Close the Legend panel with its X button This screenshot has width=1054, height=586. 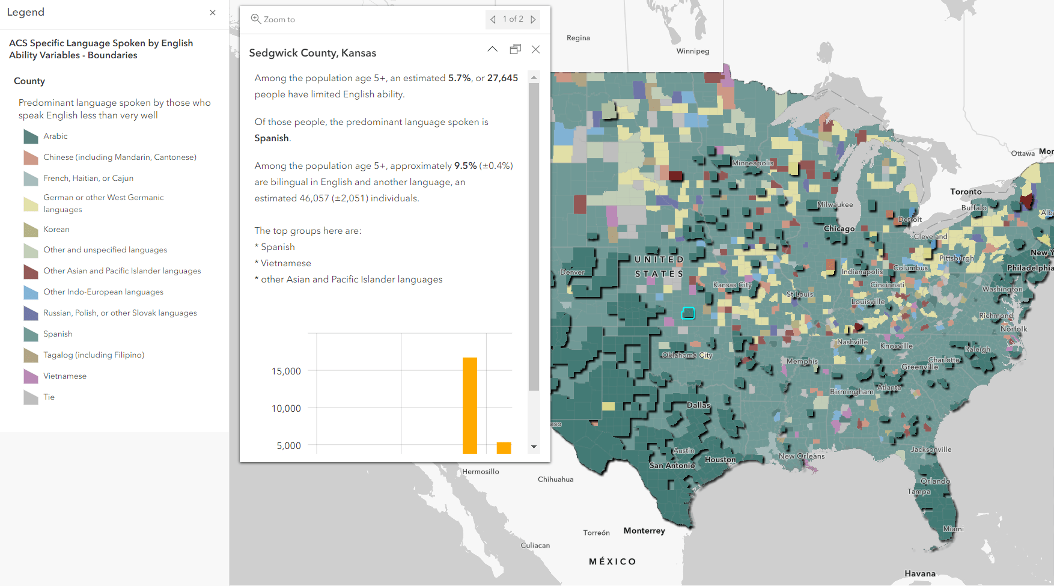pos(213,13)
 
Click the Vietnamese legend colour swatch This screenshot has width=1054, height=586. pos(31,376)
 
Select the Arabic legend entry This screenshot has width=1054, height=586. pos(55,136)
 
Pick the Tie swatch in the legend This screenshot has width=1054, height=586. pos(31,397)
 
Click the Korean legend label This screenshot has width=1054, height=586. pos(56,230)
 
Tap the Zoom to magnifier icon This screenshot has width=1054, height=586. pos(256,19)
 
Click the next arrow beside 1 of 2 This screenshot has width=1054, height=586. pos(533,19)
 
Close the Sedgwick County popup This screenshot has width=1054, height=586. pos(535,49)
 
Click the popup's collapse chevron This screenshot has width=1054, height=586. pos(492,49)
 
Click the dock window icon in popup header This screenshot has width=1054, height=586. pos(515,49)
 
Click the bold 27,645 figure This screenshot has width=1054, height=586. pos(502,78)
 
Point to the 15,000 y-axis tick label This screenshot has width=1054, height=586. pos(286,371)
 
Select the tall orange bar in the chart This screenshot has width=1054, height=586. pos(469,405)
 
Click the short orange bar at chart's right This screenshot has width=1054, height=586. pos(504,448)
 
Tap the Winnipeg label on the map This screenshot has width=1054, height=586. pos(693,51)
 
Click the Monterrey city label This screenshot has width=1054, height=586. pos(644,531)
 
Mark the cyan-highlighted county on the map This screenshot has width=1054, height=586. pos(688,313)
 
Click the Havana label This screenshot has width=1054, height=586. pos(920,573)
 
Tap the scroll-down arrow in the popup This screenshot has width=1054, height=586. pos(534,447)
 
